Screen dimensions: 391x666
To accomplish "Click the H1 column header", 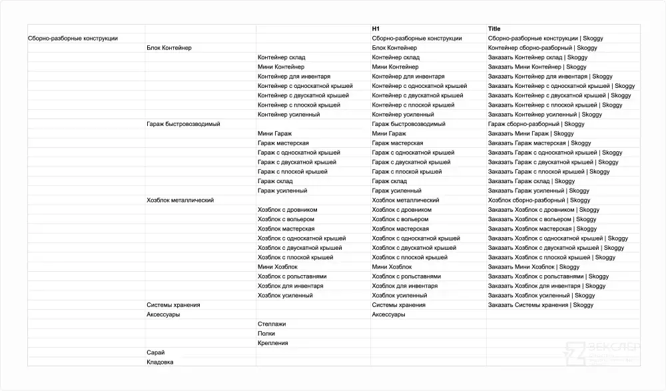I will (376, 29).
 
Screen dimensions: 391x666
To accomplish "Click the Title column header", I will (494, 29).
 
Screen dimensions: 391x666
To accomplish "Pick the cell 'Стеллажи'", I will (272, 324).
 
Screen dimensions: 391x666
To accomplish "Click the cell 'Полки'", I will (266, 333).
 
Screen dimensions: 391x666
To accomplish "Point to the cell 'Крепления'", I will (273, 343).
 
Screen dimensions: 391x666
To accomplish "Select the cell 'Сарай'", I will (155, 352).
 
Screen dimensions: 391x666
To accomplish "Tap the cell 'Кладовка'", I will (160, 362).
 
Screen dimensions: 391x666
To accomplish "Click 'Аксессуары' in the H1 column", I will (388, 314).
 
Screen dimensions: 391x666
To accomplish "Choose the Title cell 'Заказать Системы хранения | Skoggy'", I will (540, 305).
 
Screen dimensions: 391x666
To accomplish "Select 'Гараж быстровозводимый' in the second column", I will (183, 124).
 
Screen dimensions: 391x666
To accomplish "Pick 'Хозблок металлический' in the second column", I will (180, 200).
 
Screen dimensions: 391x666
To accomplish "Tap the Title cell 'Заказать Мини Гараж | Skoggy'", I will (530, 134).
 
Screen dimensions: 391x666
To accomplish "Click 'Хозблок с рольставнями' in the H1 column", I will (406, 276).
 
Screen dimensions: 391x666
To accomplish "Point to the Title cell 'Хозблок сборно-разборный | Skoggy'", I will (539, 200).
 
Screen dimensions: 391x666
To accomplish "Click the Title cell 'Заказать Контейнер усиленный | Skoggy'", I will (545, 115).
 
